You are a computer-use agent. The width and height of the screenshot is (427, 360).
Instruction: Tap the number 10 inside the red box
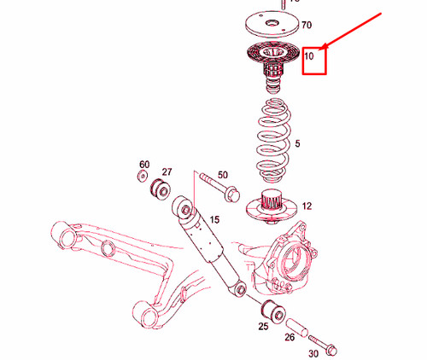tap(310, 57)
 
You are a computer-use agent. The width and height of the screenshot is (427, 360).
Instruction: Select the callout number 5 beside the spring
tap(297, 144)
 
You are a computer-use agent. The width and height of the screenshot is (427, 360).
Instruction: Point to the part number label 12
tap(307, 206)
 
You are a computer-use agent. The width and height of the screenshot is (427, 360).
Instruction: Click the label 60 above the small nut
tap(143, 164)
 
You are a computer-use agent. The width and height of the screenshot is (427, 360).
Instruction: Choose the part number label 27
tap(167, 172)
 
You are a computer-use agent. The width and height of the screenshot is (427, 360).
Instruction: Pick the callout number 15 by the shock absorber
tap(215, 220)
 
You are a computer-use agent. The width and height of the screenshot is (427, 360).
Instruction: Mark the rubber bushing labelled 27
tap(159, 189)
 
